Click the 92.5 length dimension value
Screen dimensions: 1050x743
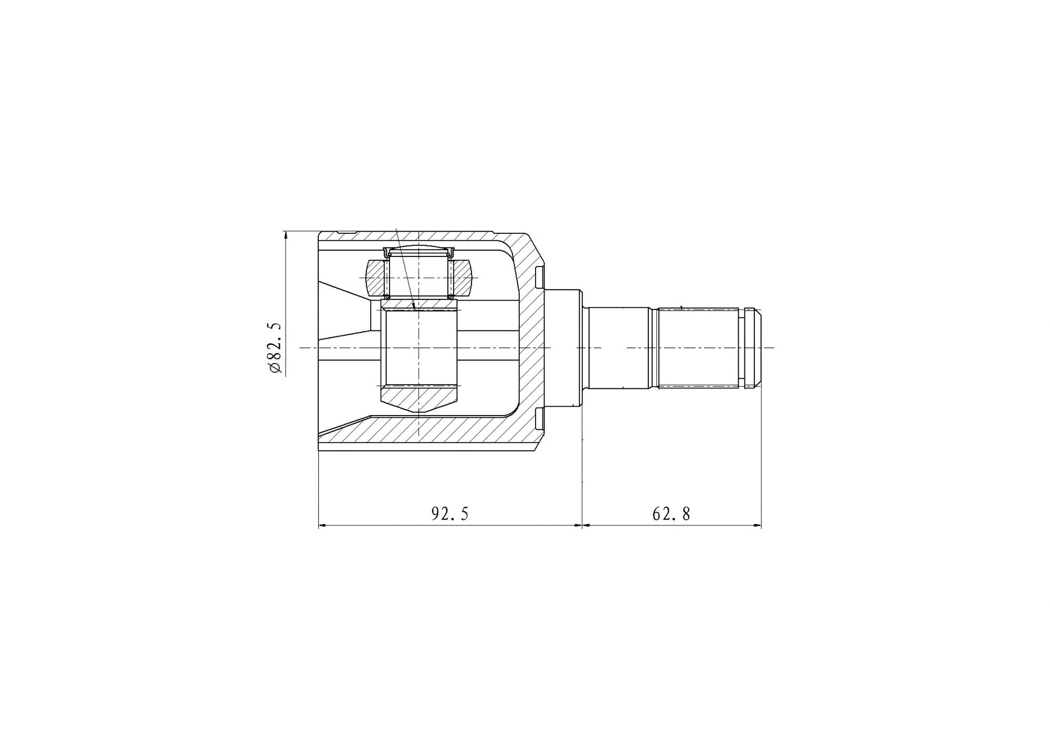pyautogui.click(x=449, y=513)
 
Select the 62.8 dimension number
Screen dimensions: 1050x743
pyautogui.click(x=671, y=513)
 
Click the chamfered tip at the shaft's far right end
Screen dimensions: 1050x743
pyautogui.click(x=758, y=348)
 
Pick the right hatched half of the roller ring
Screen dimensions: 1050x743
pyautogui.click(x=464, y=277)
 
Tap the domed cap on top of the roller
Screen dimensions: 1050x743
pyautogui.click(x=419, y=250)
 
